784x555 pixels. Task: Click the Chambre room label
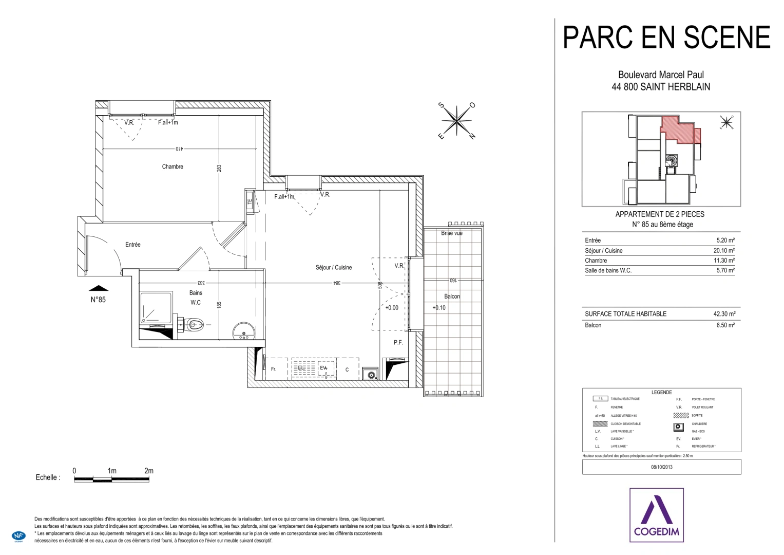173,166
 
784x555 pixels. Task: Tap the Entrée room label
132,245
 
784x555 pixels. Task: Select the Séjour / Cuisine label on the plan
334,267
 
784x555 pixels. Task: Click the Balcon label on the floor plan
452,297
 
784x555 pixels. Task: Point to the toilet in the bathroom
195,324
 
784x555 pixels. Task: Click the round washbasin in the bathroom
243,331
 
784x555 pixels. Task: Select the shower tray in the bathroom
156,308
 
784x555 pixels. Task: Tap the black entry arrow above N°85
99,288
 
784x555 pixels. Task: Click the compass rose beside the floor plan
456,121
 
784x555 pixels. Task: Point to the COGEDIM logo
656,515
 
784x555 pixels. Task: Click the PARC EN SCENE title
666,38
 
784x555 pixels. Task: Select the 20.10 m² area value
724,251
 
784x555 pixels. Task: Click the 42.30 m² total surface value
724,314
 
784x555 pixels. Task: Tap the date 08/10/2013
661,467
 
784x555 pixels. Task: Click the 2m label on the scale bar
149,471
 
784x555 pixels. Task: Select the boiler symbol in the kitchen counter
370,374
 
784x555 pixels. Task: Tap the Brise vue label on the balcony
452,233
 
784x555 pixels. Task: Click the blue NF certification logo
18,535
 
